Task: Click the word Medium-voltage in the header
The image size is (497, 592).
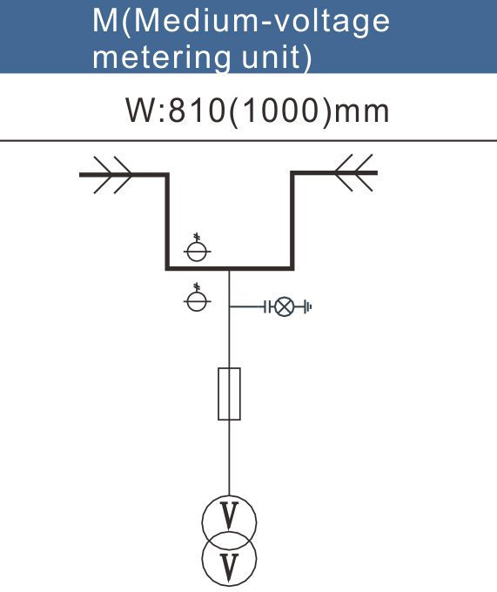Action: pyautogui.click(x=261, y=22)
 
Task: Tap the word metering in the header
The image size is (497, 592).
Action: pyautogui.click(x=161, y=57)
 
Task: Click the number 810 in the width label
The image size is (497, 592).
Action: pyautogui.click(x=196, y=111)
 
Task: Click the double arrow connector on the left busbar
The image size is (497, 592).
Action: pyautogui.click(x=112, y=175)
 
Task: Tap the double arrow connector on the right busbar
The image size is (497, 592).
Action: pyautogui.click(x=354, y=172)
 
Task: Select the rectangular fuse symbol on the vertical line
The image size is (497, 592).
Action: pyautogui.click(x=229, y=394)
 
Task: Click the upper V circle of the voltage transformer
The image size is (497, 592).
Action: pyautogui.click(x=203, y=523)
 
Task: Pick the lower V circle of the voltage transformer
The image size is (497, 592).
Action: pyautogui.click(x=203, y=558)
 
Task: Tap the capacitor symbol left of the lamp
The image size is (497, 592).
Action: pyautogui.click(x=267, y=307)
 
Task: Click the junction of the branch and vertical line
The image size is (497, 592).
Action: pyautogui.click(x=229, y=307)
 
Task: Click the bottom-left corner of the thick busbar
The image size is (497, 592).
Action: pyautogui.click(x=167, y=268)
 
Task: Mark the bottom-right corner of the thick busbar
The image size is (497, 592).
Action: pyautogui.click(x=292, y=268)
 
